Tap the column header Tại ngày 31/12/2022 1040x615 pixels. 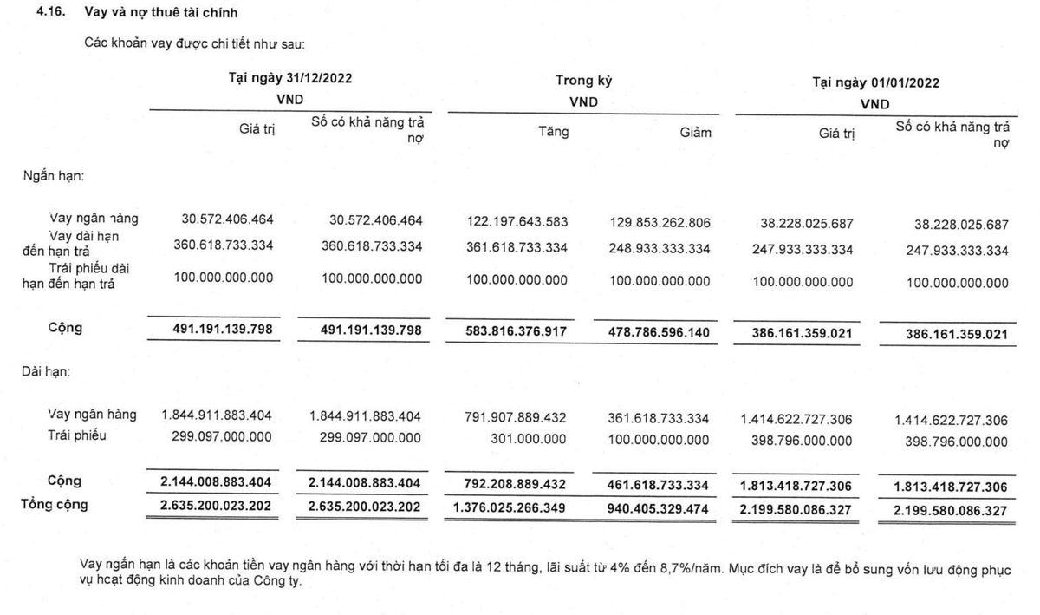290,77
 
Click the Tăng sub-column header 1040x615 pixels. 553,132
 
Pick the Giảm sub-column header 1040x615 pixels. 694,132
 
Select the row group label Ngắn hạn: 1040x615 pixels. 53,175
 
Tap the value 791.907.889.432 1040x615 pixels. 517,418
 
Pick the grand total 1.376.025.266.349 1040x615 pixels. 511,507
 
